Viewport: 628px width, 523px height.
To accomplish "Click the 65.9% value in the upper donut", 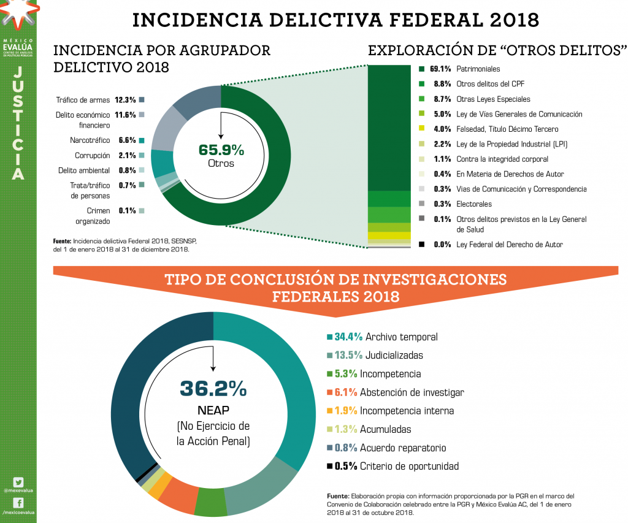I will pos(221,150).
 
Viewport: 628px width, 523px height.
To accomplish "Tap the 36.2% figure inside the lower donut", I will pos(213,388).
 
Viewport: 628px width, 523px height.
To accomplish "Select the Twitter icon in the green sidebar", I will pos(18,482).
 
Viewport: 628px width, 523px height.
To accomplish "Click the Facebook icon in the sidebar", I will pos(18,503).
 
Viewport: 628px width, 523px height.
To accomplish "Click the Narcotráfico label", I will pos(90,140).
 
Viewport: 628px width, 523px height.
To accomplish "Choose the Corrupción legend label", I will pos(93,156).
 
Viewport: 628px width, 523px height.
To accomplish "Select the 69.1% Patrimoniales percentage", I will pos(440,69).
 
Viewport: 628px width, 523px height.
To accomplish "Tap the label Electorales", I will pos(474,204).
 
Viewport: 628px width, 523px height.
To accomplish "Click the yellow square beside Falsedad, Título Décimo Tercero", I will pos(422,129).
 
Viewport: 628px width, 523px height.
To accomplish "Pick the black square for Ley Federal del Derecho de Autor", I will pos(422,245).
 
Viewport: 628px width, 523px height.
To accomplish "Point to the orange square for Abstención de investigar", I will pos(329,392).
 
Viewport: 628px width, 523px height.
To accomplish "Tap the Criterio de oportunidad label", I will pos(409,466).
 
